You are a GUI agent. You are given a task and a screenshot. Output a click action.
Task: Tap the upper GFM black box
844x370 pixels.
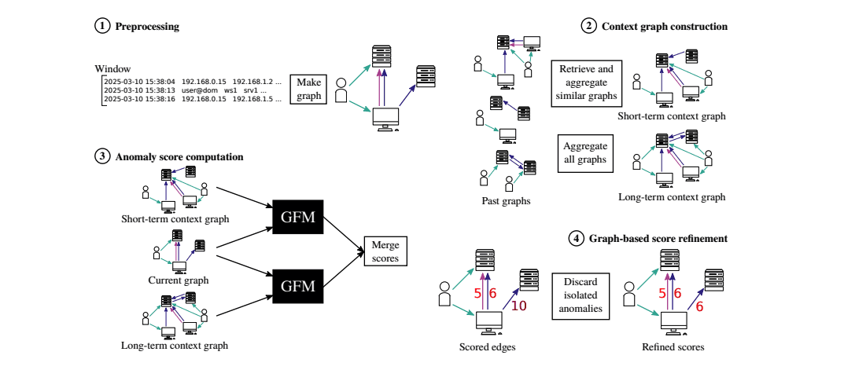297,218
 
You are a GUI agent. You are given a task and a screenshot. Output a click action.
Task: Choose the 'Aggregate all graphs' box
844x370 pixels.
586,152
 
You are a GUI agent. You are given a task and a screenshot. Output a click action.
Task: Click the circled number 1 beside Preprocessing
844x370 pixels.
101,26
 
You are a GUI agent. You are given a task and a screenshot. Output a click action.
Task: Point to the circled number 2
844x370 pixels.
588,26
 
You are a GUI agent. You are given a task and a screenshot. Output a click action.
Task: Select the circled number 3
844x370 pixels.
101,156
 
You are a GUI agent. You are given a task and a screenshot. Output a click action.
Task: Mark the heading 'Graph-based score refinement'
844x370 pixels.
658,237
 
